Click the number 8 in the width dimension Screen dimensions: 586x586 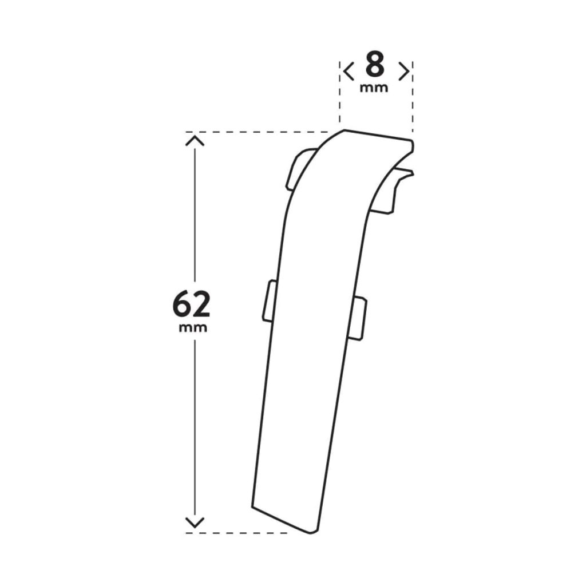374,66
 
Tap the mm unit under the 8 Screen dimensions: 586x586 374,88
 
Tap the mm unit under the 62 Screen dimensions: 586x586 193,328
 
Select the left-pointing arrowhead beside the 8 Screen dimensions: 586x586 349,72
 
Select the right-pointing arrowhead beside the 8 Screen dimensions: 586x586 404,72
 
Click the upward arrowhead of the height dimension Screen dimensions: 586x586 195,141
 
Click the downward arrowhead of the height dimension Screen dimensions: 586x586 195,522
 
